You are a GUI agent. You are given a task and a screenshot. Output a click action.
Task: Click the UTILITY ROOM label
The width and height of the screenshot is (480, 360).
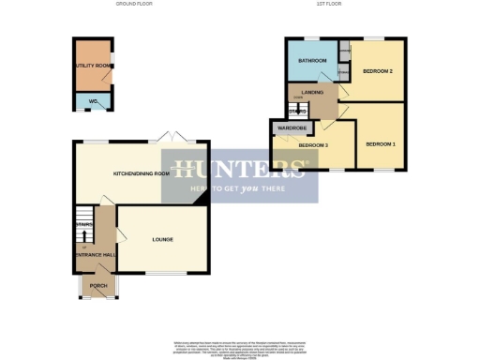(93, 66)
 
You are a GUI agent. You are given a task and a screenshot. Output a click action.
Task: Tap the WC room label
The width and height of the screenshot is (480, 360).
(93, 100)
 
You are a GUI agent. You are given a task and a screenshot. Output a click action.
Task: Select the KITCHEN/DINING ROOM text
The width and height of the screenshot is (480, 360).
(142, 173)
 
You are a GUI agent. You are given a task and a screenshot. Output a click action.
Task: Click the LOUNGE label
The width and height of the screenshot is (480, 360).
(162, 240)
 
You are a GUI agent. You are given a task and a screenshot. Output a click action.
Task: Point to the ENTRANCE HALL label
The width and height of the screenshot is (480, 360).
(94, 256)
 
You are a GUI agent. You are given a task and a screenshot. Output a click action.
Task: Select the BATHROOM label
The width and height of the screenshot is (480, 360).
(311, 61)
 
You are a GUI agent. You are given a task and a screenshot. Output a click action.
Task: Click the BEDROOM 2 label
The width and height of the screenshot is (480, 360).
(377, 71)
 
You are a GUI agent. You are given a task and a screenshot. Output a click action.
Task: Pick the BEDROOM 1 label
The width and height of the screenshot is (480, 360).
(381, 143)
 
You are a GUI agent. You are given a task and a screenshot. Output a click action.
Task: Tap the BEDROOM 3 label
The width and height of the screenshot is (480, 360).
(313, 145)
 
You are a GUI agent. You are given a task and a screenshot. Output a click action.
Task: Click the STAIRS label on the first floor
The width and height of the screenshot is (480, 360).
(298, 112)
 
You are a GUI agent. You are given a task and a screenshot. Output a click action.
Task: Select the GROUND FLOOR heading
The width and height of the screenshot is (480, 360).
(134, 5)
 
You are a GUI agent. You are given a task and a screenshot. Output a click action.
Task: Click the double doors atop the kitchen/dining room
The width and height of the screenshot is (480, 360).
(174, 139)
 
